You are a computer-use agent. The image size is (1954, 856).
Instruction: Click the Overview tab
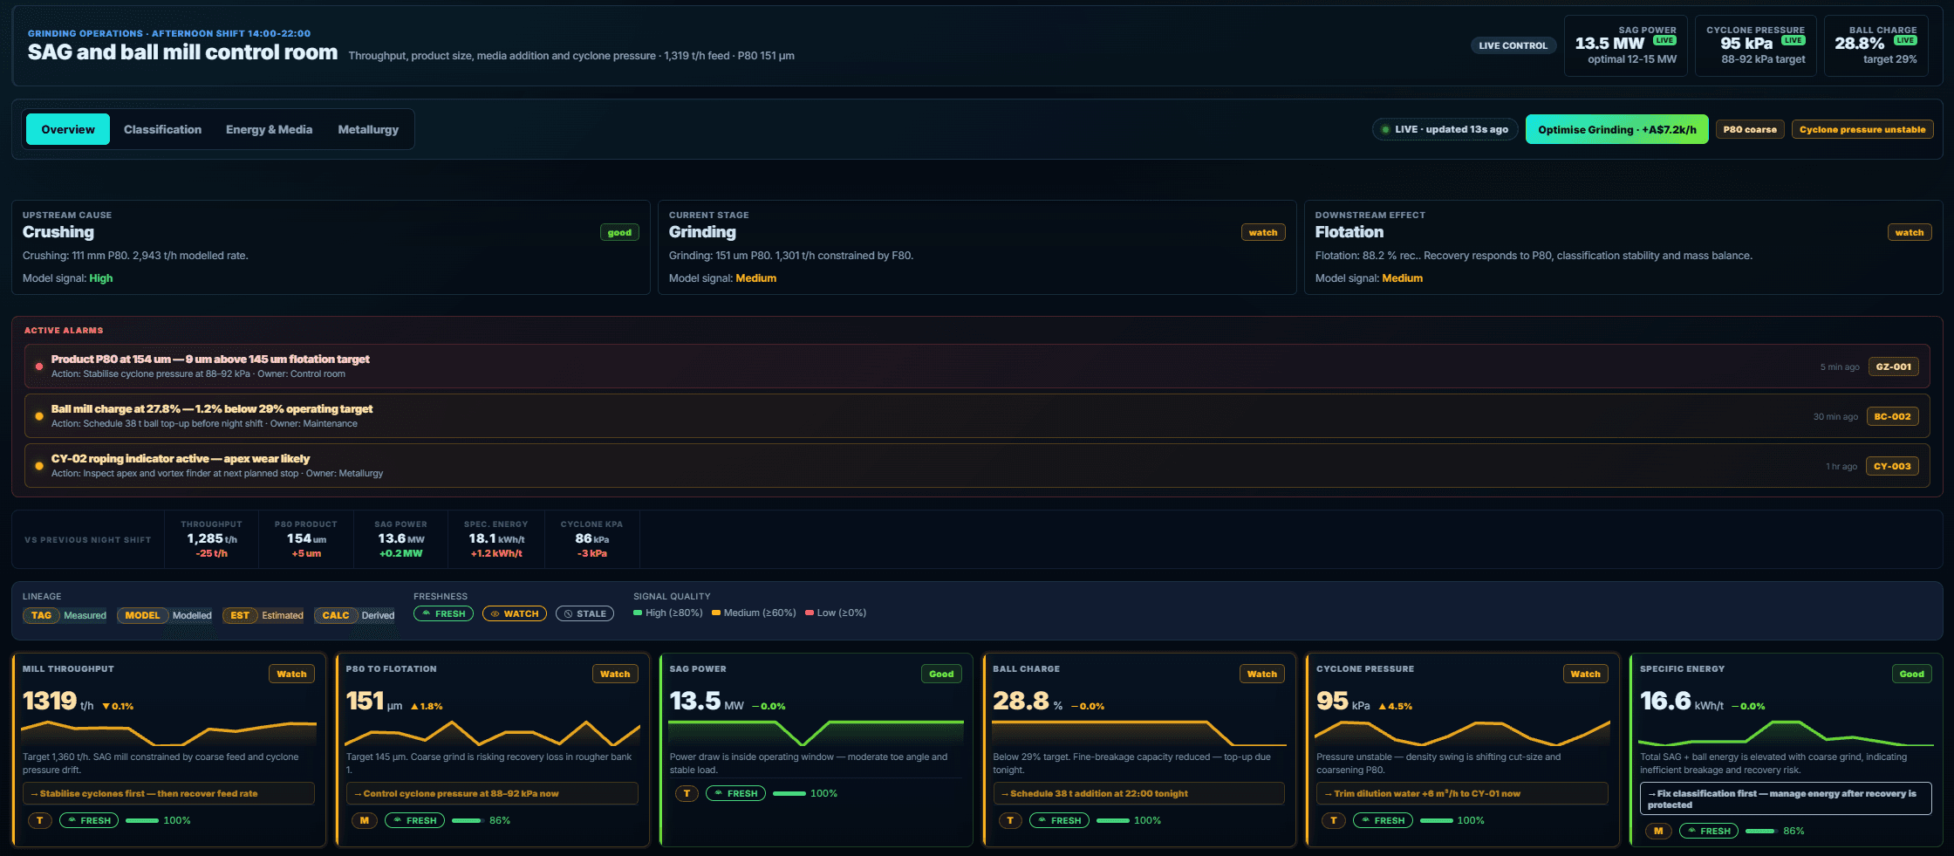point(68,129)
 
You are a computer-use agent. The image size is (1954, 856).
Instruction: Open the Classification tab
point(162,129)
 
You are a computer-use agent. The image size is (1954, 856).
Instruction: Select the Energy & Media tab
point(269,129)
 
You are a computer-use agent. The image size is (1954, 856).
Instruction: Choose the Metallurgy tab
point(368,129)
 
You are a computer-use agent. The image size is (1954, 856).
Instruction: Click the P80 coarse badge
point(1750,129)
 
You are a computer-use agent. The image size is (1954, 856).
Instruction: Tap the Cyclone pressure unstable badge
point(1862,129)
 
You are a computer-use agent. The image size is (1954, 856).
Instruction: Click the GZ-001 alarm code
point(1894,366)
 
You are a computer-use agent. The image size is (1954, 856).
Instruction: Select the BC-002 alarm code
point(1892,416)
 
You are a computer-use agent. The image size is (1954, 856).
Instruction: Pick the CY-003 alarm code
point(1892,466)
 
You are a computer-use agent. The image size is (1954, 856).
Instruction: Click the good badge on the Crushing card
point(619,232)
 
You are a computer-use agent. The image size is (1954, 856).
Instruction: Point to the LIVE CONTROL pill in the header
point(1513,45)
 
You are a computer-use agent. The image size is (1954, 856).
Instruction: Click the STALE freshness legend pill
point(584,613)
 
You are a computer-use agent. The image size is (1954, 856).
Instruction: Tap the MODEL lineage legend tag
point(142,615)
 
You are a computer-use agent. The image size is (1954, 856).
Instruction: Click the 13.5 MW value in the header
point(1609,44)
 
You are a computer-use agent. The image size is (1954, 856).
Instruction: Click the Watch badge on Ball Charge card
point(1261,674)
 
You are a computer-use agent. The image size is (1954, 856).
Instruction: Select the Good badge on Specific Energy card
point(1911,674)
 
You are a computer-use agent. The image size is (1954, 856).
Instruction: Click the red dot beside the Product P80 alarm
point(38,366)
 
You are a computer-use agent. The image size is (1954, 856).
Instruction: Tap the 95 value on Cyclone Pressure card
point(1332,701)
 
